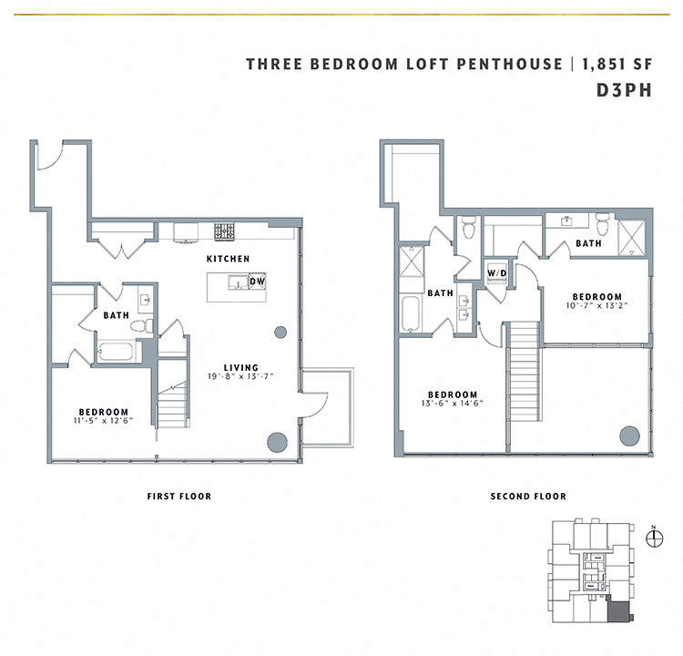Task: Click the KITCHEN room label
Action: click(228, 260)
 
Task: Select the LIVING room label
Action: click(242, 367)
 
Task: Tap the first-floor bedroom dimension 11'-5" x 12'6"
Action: click(103, 420)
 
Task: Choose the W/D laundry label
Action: click(496, 273)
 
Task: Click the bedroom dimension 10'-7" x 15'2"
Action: click(596, 306)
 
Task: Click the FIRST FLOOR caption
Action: click(178, 497)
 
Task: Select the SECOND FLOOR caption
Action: click(528, 497)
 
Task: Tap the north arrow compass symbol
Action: click(652, 537)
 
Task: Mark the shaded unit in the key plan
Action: click(618, 615)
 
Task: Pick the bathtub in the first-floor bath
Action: click(114, 351)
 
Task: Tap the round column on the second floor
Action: click(628, 435)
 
